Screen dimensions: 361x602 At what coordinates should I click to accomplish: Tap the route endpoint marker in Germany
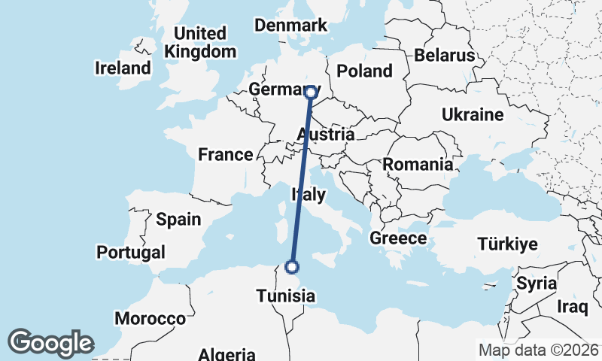coord(310,93)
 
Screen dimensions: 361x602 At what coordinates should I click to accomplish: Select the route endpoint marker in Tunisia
coord(292,266)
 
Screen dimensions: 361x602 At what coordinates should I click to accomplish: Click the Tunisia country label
coord(285,296)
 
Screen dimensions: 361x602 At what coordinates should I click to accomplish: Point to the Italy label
coord(309,195)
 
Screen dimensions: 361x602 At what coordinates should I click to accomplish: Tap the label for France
coord(225,155)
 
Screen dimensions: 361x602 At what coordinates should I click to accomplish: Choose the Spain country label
coord(178,220)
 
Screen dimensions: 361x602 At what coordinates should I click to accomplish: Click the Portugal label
coord(131,251)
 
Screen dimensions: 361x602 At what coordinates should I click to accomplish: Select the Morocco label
coord(150,319)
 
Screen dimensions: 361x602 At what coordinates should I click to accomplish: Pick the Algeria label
coord(227,354)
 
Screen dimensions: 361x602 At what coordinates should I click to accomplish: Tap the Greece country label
coord(398,238)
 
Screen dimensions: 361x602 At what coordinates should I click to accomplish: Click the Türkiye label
coord(507,244)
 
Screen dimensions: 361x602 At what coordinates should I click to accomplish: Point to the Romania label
coord(418,164)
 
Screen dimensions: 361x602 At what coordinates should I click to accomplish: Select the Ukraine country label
coord(472,115)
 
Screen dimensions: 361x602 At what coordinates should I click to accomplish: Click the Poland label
coord(365,71)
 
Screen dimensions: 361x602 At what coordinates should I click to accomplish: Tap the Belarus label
coord(444,55)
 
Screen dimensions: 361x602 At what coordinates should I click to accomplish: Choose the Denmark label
coord(290,26)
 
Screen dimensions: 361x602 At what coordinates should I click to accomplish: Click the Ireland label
coord(123,68)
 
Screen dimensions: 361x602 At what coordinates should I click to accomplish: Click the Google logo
coord(50,343)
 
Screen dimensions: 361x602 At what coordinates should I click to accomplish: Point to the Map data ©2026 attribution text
coord(539,350)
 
